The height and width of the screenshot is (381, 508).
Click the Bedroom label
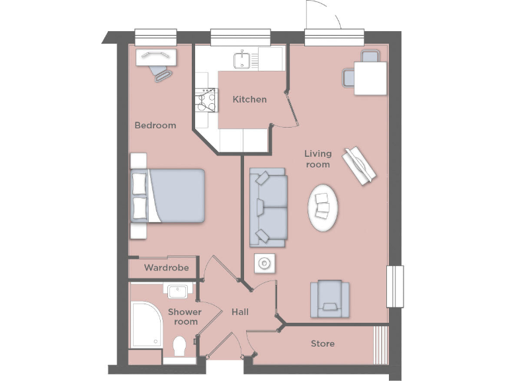155,125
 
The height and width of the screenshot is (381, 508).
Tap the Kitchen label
250,99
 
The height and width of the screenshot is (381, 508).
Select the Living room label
317,159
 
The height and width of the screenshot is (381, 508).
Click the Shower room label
185,316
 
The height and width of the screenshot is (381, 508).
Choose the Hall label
240,311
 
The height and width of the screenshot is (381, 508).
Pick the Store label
323,344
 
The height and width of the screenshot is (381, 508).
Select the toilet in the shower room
179,347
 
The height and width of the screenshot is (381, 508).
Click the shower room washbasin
177,291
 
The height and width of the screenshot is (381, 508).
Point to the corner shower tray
146,324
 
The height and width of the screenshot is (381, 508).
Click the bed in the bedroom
169,196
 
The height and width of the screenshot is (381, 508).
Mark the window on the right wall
395,286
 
